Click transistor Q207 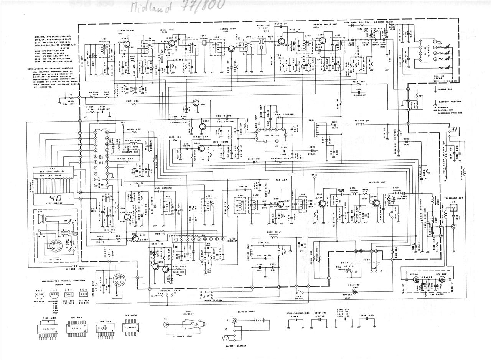133,237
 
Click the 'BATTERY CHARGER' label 237,346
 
